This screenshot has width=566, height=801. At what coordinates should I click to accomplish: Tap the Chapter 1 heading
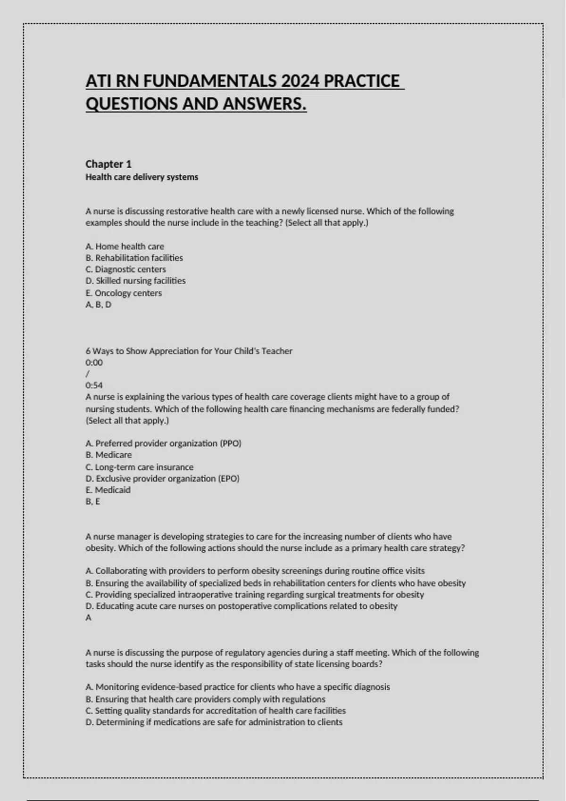(108, 164)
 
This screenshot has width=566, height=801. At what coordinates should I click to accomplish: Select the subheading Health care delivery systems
(141, 177)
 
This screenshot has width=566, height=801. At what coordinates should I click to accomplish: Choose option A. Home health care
(125, 246)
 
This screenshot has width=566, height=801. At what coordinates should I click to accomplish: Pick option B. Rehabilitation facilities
(134, 258)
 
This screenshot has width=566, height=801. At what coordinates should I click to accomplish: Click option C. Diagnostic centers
(126, 270)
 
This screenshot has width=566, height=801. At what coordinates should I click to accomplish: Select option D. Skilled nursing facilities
(136, 281)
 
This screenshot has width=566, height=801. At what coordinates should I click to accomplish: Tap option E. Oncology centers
(124, 293)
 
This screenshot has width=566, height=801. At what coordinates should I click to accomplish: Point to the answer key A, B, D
(99, 304)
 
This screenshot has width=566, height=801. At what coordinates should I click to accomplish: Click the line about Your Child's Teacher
(189, 351)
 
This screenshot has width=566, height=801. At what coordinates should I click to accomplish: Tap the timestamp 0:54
(94, 385)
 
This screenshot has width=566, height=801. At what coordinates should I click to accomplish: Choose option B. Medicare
(109, 455)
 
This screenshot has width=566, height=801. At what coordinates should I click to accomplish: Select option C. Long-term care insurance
(140, 467)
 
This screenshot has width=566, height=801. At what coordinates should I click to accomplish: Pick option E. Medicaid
(108, 490)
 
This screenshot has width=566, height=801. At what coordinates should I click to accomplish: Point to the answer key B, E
(93, 501)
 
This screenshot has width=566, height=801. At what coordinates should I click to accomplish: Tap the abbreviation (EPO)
(229, 479)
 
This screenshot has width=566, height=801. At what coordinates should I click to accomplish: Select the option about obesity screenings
(255, 571)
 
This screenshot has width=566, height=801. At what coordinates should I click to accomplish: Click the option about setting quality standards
(216, 711)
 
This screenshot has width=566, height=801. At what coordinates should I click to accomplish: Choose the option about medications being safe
(214, 722)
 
